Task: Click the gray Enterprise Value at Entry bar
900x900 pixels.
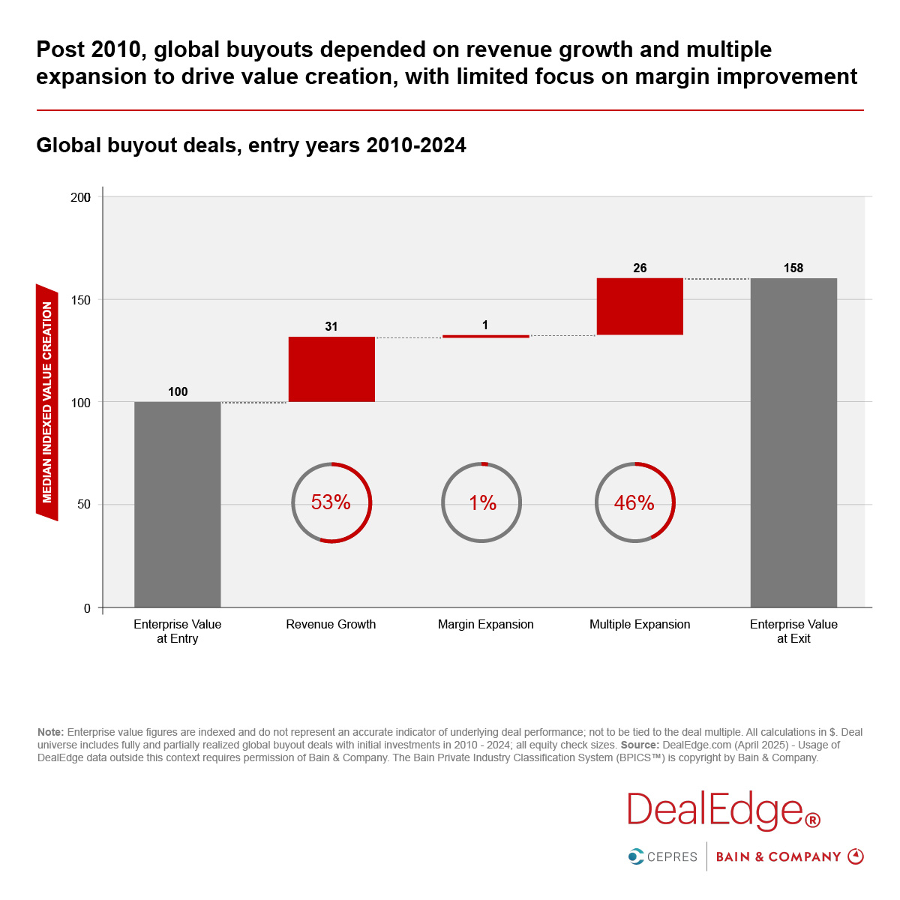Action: click(178, 504)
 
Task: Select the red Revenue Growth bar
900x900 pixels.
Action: click(331, 369)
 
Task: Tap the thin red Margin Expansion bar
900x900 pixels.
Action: click(486, 337)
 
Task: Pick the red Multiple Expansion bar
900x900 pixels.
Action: click(640, 306)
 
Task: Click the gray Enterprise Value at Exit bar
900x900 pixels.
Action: click(793, 442)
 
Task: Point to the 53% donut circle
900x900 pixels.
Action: click(331, 502)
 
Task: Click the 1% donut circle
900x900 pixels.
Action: click(482, 502)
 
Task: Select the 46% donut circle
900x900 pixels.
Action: click(634, 502)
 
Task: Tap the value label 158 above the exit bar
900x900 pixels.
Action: click(793, 268)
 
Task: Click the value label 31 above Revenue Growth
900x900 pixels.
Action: click(331, 327)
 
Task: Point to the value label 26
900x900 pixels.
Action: click(640, 268)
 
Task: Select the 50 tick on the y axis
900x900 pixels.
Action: click(84, 505)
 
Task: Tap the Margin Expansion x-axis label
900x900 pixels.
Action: click(486, 625)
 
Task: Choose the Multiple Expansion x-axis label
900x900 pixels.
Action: click(640, 625)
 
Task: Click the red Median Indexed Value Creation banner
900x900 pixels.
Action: click(47, 402)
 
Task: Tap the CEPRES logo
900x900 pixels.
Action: click(663, 856)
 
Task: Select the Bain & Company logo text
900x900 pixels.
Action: click(778, 856)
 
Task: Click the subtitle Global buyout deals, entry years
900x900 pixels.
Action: click(251, 145)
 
